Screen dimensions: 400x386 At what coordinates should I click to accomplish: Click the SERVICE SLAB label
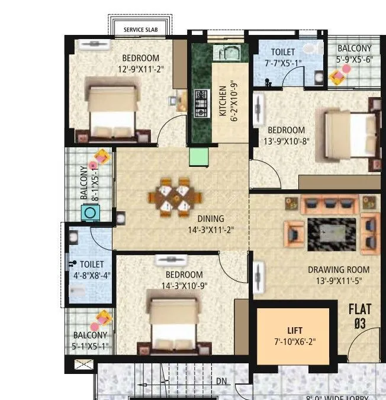point(140,29)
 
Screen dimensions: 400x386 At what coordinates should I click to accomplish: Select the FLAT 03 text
point(359,315)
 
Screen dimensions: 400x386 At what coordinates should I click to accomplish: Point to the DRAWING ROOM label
point(334,270)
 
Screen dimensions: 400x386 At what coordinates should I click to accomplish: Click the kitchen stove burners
point(200,102)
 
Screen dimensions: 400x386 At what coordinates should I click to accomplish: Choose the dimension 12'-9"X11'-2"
point(141,69)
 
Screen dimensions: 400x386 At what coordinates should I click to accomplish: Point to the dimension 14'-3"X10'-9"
point(184,286)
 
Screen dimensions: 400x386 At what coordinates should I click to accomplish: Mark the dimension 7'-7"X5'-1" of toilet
point(283,63)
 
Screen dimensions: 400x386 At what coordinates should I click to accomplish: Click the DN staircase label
point(221,380)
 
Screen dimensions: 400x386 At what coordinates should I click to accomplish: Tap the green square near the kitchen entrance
point(198,156)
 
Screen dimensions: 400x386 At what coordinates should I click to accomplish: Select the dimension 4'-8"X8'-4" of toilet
point(92,275)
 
